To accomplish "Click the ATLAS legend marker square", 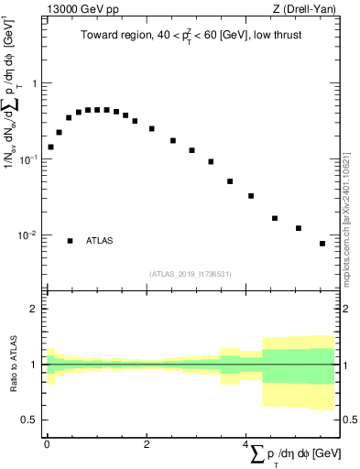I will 70,241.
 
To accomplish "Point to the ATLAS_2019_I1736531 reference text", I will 191,273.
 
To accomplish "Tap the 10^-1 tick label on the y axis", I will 27,159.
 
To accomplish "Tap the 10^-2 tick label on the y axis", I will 27,235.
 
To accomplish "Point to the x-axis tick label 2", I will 147,443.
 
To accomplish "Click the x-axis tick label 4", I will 245,443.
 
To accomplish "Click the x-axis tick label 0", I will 47,443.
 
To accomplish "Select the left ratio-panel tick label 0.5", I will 28,420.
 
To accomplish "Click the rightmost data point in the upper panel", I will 322,244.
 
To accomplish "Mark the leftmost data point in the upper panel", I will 50,147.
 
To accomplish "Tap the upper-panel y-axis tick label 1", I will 33,83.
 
